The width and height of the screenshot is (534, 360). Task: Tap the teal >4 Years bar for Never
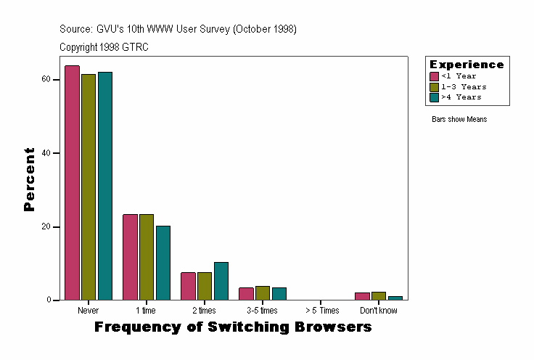click(105, 186)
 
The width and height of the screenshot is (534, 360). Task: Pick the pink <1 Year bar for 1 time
click(130, 257)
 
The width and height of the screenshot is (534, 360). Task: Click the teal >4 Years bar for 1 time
click(163, 263)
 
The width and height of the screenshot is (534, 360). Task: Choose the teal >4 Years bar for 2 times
click(221, 281)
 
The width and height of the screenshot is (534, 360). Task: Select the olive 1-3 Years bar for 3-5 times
click(263, 293)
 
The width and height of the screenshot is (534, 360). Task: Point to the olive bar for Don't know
click(379, 296)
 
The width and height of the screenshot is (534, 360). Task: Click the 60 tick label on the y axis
click(46, 79)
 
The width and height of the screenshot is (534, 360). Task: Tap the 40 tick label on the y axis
click(46, 153)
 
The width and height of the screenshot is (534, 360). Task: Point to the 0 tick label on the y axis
click(48, 300)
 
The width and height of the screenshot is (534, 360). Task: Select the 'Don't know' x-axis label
click(379, 311)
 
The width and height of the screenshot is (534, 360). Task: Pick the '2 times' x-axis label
click(204, 311)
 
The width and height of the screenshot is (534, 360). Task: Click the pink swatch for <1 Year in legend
click(435, 76)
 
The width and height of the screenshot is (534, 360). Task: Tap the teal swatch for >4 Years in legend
click(435, 97)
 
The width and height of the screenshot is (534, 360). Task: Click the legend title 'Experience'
click(467, 65)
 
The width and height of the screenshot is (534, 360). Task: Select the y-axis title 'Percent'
click(29, 179)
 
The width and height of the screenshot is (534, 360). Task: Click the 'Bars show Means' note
click(459, 119)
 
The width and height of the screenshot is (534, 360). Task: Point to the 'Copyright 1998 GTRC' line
click(104, 46)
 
